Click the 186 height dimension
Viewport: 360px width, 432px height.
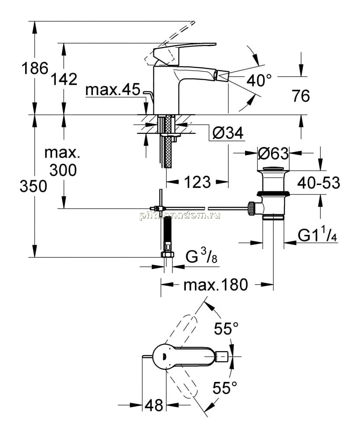pos(35,68)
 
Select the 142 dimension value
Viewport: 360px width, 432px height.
pos(64,79)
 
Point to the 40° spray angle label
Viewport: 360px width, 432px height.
pos(259,80)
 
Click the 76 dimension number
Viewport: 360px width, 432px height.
pos(301,96)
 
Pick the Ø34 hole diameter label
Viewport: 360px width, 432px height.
pos(228,133)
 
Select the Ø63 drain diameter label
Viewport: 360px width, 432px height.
pos(273,153)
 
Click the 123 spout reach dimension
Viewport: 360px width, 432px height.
pos(198,182)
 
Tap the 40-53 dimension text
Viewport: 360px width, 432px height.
pos(319,183)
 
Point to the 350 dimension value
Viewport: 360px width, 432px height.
pos(33,186)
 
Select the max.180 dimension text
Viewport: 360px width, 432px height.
pos(216,285)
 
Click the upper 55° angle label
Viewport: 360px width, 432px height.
pos(226,328)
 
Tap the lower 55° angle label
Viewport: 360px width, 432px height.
pos(225,388)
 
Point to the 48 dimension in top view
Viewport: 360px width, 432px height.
pos(154,405)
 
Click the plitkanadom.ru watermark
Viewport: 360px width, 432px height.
pos(180,215)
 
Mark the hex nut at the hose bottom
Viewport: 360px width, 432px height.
pos(168,254)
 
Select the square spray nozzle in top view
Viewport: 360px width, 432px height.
pos(222,356)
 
